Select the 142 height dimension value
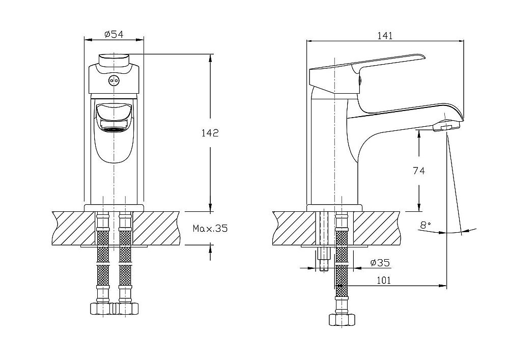[x=210, y=133]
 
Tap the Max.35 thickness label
[x=210, y=229]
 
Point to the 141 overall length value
[x=384, y=36]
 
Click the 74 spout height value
[x=419, y=171]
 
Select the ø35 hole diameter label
[x=380, y=263]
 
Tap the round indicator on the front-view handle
[x=114, y=80]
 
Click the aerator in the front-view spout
[x=114, y=129]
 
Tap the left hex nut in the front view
[x=100, y=308]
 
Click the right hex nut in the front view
[x=127, y=308]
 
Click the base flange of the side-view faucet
[x=334, y=207]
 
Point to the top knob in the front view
[x=115, y=60]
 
